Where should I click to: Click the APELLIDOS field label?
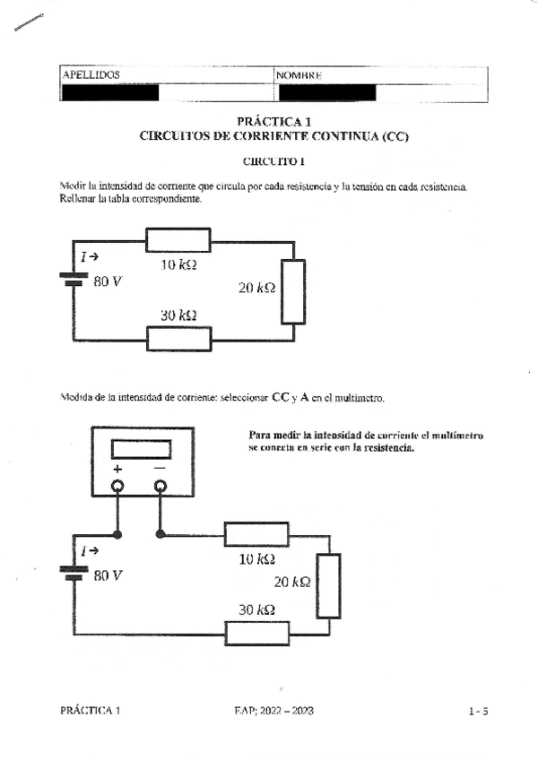[91, 75]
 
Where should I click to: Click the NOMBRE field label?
[299, 75]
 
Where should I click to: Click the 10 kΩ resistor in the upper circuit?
[178, 240]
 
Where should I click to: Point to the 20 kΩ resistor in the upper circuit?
[293, 290]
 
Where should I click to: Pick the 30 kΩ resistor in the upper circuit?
[178, 339]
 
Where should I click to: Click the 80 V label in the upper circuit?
[108, 281]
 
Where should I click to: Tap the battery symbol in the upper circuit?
[73, 280]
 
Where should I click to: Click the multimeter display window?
[142, 449]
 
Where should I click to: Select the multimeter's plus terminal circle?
[117, 487]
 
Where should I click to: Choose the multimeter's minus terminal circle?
[161, 487]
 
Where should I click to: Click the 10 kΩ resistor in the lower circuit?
[256, 535]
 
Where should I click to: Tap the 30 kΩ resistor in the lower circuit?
[257, 633]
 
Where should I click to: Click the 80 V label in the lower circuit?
[108, 575]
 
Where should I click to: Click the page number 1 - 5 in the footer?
[478, 712]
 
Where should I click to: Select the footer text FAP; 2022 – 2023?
[273, 711]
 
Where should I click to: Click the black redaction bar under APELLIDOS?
[108, 92]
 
